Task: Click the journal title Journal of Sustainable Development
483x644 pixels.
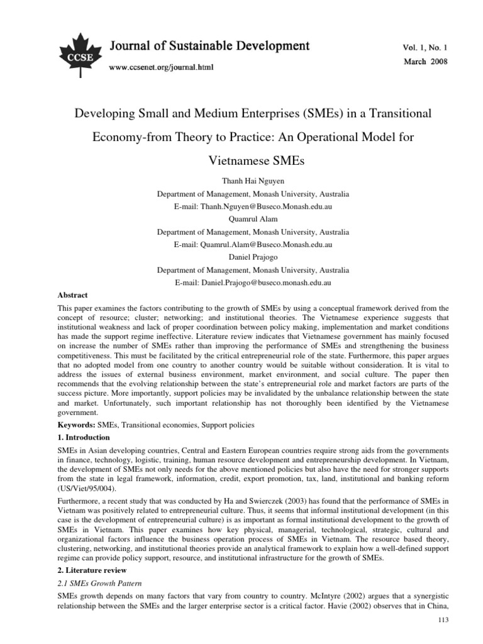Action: pyautogui.click(x=201, y=46)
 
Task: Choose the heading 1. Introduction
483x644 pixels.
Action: pyautogui.click(x=84, y=438)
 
